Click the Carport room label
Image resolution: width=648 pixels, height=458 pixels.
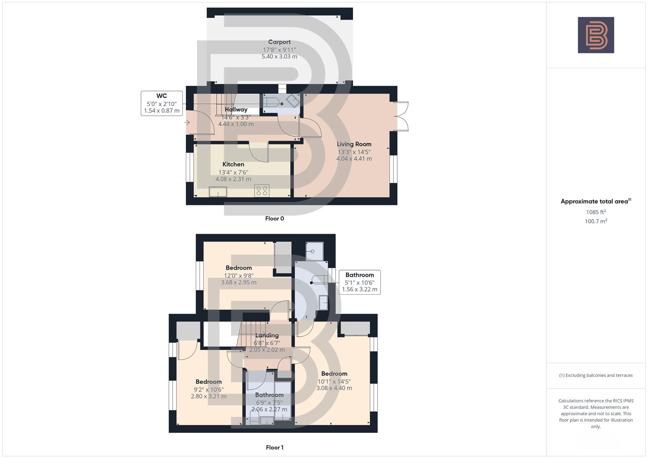pos(279,42)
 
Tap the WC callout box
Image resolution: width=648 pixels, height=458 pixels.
pos(162,103)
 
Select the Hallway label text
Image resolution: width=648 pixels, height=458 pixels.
pos(236,109)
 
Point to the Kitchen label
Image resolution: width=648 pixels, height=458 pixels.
pos(233,165)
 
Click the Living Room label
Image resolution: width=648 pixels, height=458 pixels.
pos(354,144)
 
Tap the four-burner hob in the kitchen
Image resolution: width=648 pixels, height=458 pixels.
pos(261,191)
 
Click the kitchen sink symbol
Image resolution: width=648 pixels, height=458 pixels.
pos(218,192)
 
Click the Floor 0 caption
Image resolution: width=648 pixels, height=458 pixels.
pos(275,219)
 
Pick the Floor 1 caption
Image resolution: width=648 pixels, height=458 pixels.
pos(275,447)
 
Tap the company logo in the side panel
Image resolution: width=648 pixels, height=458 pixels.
pos(596,35)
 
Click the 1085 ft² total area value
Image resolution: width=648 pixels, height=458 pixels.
pos(596,212)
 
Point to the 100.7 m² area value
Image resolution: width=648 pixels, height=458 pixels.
pos(596,221)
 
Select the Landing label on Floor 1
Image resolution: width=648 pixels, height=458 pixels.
pos(267,335)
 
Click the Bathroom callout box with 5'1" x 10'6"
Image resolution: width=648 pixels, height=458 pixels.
pos(359,282)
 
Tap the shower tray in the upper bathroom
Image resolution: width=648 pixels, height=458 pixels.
pos(314,251)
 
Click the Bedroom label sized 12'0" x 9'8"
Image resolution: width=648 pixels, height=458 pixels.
pos(238,268)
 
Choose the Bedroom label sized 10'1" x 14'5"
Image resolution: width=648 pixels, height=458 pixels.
pos(334,374)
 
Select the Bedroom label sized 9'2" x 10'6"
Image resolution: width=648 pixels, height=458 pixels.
pos(208,382)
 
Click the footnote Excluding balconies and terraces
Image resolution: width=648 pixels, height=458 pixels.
pos(596,375)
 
